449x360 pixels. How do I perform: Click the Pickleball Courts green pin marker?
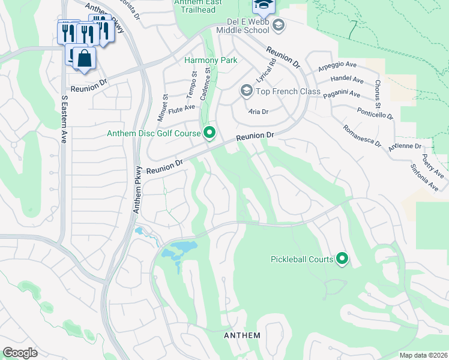[342, 259]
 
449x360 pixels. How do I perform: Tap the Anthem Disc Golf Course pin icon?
[209, 133]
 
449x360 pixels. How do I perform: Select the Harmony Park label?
[210, 60]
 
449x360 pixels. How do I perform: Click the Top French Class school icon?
[246, 91]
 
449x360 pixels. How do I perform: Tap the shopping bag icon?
[85, 59]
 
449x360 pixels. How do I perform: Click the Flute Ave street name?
[182, 109]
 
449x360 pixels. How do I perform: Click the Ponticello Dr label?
[373, 107]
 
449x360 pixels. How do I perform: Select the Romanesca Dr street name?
[361, 135]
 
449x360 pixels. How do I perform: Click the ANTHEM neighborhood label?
[242, 335]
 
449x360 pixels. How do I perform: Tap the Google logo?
[20, 353]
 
